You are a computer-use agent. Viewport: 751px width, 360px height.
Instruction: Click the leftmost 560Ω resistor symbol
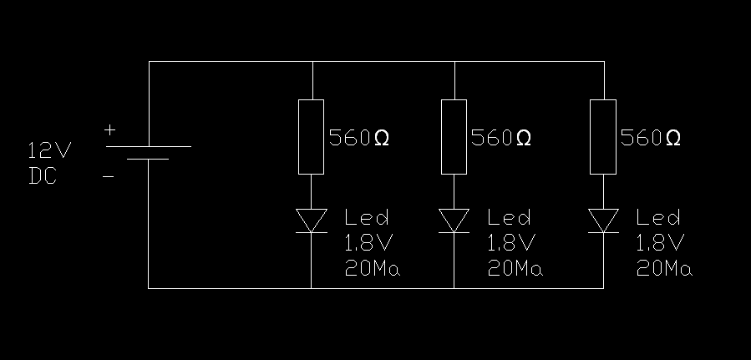312,137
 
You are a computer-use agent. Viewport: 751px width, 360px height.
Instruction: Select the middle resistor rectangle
454,137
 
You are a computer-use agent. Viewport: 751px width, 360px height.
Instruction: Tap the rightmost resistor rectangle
603,137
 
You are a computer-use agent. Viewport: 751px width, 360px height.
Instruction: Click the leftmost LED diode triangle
312,220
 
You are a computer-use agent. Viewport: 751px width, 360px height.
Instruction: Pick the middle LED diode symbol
454,220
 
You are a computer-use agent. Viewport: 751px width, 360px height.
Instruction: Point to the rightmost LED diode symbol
603,220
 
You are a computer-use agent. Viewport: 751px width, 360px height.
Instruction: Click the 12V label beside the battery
50,151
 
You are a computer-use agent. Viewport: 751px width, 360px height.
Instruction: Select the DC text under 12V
43,176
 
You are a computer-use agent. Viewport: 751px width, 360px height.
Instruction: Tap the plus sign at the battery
109,130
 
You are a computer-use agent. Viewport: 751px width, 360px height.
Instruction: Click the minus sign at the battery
109,176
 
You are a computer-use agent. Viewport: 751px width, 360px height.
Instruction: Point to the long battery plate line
149,146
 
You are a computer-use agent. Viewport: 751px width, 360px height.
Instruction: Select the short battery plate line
149,159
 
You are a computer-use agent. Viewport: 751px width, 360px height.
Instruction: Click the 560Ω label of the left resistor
359,138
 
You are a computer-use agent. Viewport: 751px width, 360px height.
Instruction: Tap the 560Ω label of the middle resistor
501,138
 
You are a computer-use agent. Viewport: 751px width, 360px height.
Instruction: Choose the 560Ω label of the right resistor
651,138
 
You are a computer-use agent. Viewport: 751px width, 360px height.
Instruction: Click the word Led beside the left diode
367,219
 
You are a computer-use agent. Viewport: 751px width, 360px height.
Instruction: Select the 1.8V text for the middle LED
509,244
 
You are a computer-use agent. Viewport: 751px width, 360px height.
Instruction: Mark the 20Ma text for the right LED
664,269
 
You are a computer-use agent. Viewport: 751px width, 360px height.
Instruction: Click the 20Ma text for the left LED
373,269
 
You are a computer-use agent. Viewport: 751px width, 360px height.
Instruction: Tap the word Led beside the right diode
658,219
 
